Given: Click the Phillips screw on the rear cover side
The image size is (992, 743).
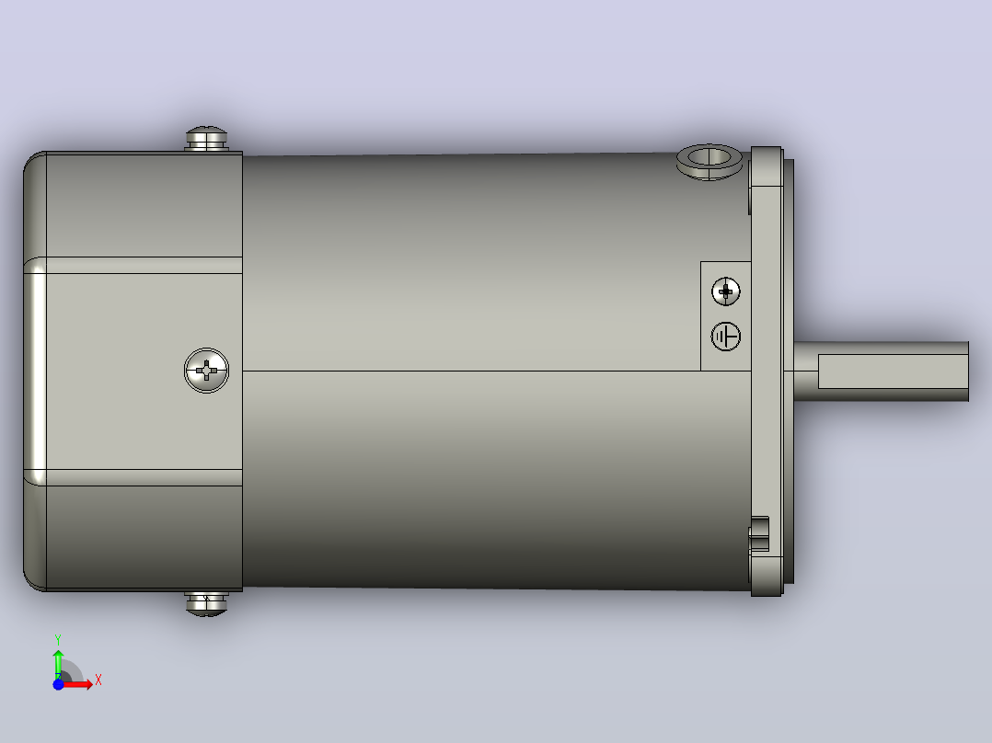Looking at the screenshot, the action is click(x=206, y=371).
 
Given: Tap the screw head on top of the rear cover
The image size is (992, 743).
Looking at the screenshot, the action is click(x=206, y=139).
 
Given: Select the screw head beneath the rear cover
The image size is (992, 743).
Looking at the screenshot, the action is click(x=206, y=603).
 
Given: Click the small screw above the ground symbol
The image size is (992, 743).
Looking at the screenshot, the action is click(x=726, y=291).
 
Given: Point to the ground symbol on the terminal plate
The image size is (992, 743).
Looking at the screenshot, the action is click(x=726, y=337).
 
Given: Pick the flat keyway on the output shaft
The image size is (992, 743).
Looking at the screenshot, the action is click(x=893, y=371).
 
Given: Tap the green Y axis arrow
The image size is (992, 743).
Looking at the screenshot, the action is click(x=58, y=663).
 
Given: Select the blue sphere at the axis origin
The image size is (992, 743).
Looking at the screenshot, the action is click(x=58, y=684).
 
